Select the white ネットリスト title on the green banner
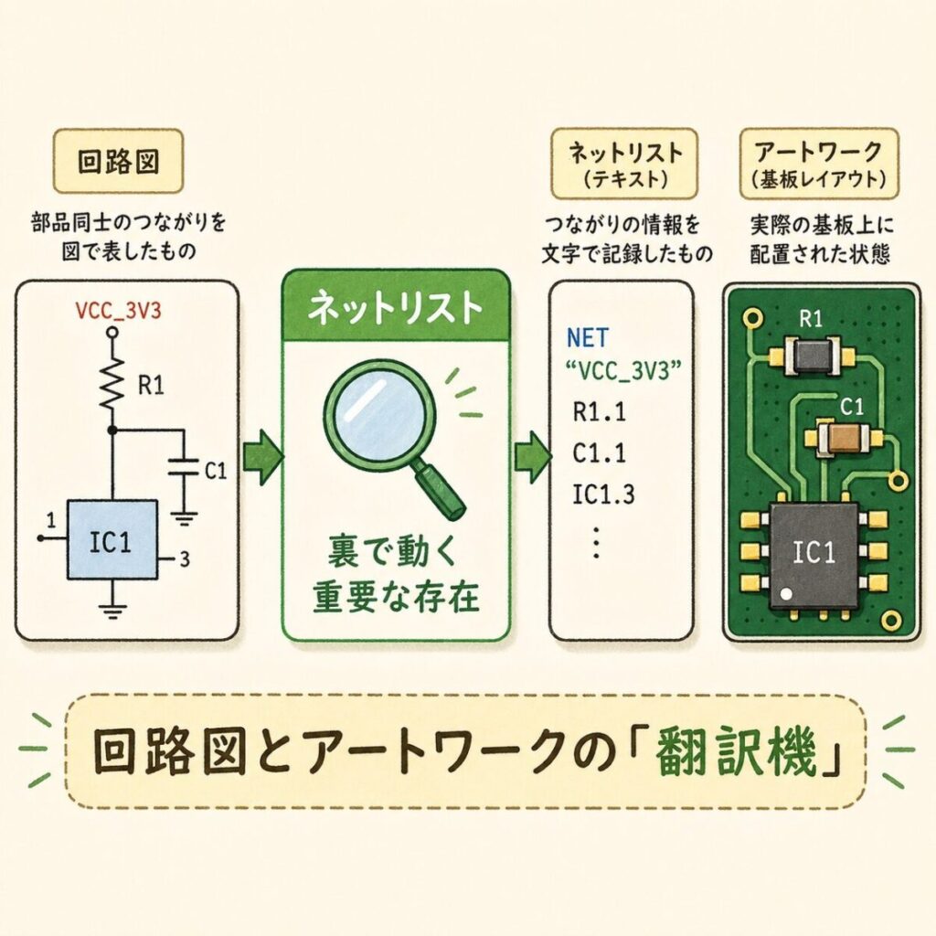tap(395, 309)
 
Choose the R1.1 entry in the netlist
tap(599, 412)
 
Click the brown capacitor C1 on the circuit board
tap(846, 439)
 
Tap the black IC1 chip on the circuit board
tap(813, 554)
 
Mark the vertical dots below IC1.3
tap(595, 543)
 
